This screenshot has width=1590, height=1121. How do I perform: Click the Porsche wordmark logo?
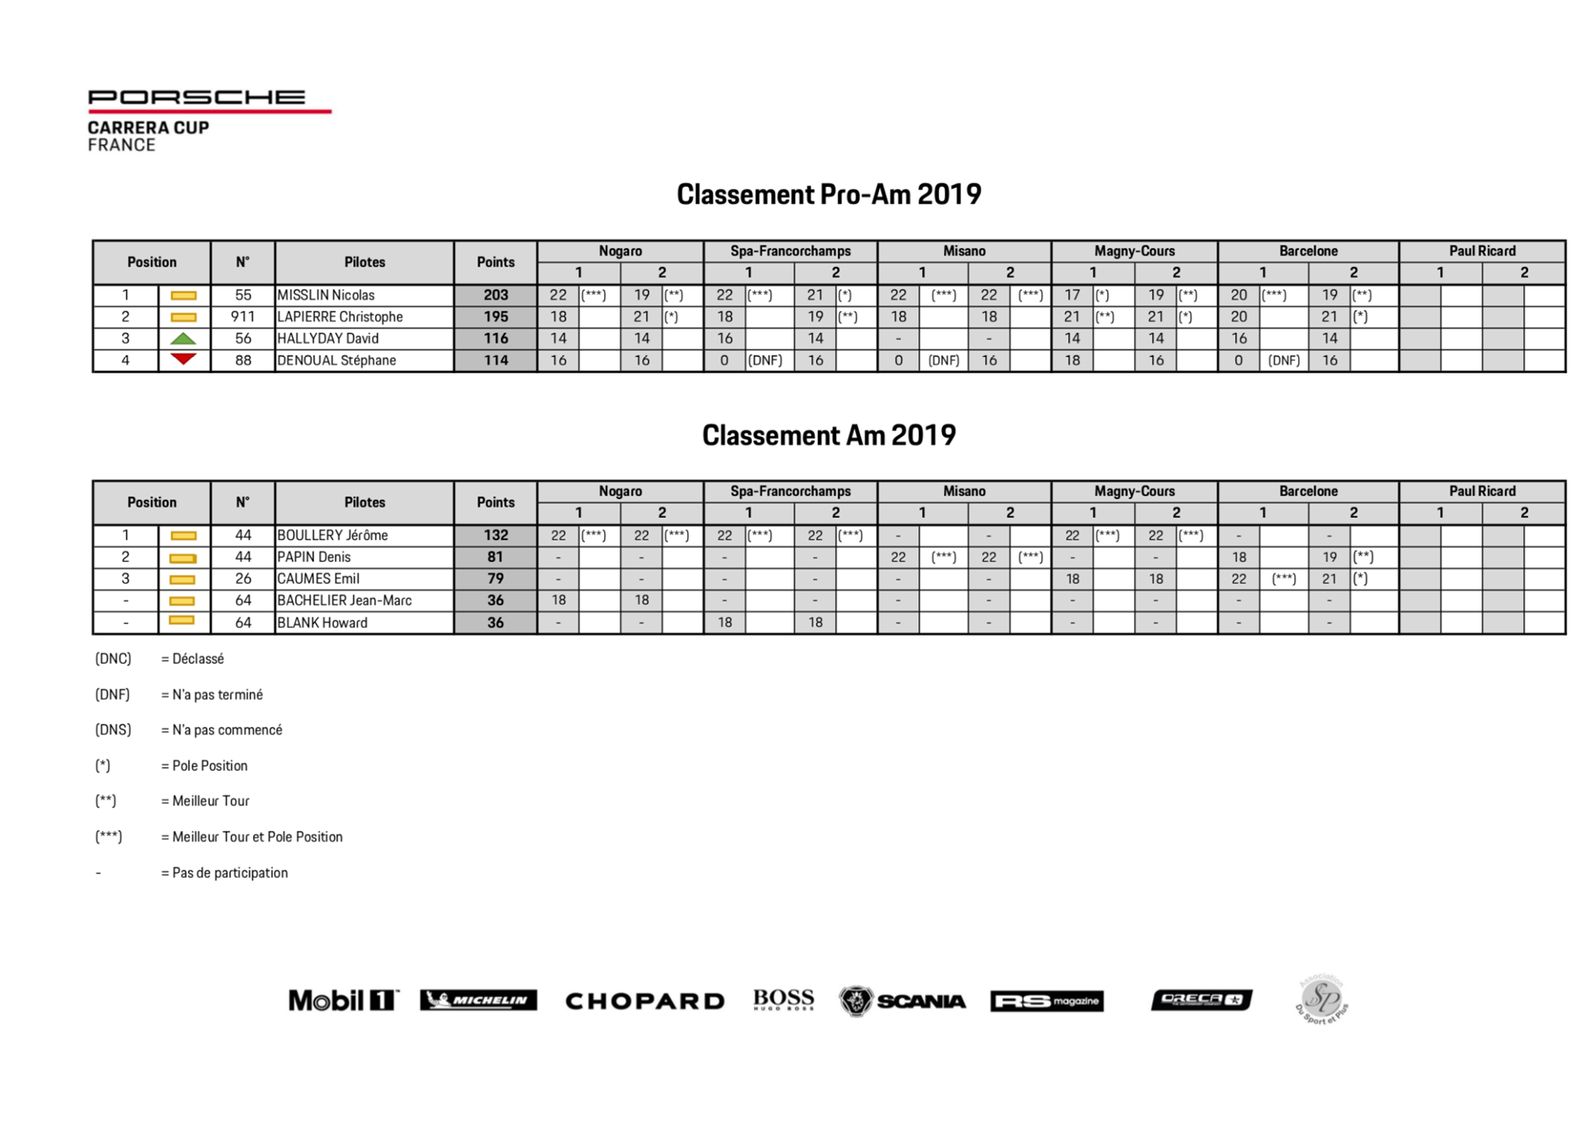click(196, 98)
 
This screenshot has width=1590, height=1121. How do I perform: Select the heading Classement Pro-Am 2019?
click(828, 194)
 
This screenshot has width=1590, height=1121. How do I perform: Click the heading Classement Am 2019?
click(828, 436)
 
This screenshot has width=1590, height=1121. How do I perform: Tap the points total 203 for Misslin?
click(495, 295)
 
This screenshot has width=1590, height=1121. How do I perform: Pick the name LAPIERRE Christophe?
click(340, 317)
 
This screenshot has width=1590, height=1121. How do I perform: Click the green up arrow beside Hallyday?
click(183, 338)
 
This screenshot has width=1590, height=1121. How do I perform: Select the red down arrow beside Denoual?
click(183, 359)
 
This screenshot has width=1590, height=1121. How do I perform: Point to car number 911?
click(242, 317)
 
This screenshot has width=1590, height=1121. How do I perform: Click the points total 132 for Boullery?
click(495, 536)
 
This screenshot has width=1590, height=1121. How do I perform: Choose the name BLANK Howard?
click(322, 623)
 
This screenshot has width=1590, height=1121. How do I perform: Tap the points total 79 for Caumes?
click(495, 579)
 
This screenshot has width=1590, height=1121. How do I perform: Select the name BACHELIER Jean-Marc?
click(344, 601)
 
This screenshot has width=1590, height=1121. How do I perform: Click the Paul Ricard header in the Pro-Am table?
click(1481, 251)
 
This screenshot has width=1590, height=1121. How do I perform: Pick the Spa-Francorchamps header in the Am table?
click(790, 491)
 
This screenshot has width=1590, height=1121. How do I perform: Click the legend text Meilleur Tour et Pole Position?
click(257, 837)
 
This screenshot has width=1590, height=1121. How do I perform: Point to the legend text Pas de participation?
click(230, 873)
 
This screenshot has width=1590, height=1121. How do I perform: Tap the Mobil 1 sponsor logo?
click(343, 1000)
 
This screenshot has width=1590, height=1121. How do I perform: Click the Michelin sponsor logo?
click(478, 1000)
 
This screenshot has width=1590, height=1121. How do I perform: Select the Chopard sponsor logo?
click(644, 1001)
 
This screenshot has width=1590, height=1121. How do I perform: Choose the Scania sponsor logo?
click(902, 1001)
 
